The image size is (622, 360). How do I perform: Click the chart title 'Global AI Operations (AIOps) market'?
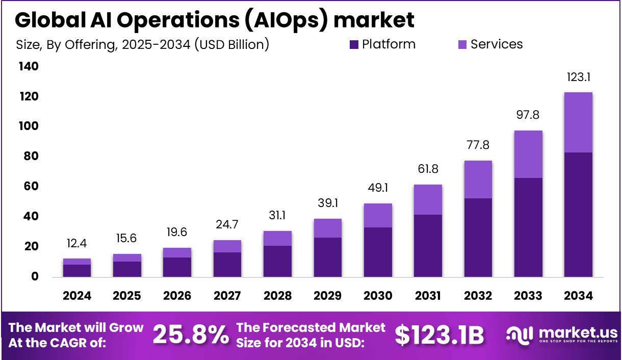pos(214,20)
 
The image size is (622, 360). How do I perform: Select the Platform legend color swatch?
pos(354,45)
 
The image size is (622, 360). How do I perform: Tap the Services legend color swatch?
pos(462,45)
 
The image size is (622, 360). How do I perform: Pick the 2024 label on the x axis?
pos(77,296)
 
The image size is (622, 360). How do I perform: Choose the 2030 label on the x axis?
pos(378,296)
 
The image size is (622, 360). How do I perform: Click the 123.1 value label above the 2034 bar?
pos(578,78)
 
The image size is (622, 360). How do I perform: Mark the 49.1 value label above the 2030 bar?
pos(378,188)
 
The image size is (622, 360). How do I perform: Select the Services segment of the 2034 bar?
pos(578,122)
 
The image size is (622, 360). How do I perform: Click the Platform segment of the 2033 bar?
pos(528,227)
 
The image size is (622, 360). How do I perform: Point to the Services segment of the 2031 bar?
pos(428,199)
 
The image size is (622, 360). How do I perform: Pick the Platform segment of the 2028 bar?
pos(277,261)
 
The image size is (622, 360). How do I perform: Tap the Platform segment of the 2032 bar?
pos(478,237)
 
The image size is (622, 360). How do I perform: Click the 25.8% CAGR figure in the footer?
pos(191,335)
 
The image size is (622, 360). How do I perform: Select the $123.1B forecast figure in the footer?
pos(439,335)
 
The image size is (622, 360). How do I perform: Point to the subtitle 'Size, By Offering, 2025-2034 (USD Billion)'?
pos(143,45)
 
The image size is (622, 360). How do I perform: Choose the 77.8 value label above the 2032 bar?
pos(478,145)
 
